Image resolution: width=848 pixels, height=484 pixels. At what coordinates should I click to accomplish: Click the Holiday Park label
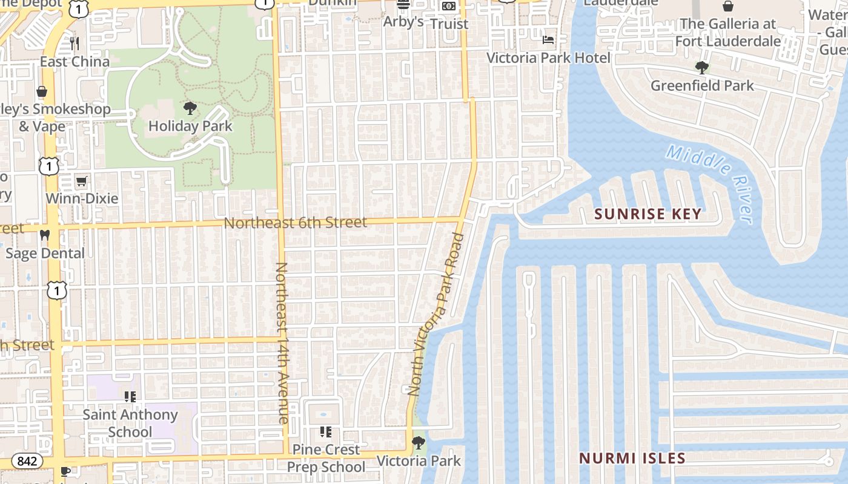190,126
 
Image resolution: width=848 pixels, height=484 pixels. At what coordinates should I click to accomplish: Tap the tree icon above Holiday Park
190,109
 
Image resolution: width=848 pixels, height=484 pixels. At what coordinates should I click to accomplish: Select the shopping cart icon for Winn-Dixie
81,181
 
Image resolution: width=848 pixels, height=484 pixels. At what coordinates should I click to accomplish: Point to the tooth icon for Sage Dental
44,235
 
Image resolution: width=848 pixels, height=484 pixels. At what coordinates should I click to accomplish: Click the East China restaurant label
75,61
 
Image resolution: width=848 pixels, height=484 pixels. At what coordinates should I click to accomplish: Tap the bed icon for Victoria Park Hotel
548,40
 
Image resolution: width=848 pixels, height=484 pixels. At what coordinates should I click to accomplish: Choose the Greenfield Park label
702,85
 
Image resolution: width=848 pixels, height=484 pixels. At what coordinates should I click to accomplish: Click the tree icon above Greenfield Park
702,67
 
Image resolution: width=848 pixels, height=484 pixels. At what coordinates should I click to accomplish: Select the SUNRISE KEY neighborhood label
648,214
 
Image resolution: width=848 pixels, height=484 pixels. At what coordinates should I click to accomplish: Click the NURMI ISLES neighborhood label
632,458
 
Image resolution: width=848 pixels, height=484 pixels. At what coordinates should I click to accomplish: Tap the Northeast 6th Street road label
295,223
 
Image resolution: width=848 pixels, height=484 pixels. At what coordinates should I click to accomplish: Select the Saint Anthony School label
130,423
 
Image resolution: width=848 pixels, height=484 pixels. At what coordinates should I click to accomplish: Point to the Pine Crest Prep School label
326,458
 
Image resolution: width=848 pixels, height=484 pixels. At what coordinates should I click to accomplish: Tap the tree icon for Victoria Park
418,443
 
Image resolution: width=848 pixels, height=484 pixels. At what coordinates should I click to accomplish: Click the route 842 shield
27,461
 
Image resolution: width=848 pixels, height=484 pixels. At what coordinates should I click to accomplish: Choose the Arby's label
403,22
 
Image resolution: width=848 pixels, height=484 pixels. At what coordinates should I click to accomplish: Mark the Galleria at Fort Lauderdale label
727,32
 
